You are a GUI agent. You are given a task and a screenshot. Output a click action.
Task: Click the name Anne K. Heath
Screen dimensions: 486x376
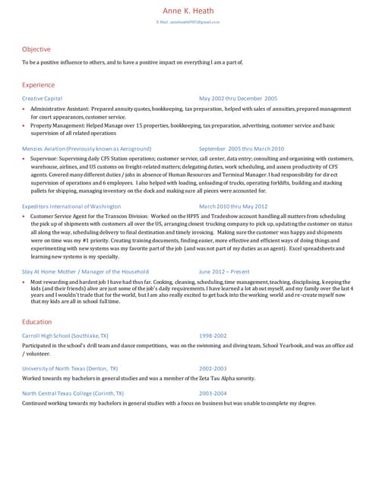pyautogui.click(x=188, y=11)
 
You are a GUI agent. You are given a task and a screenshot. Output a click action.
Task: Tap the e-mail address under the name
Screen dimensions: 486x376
pyautogui.click(x=188, y=23)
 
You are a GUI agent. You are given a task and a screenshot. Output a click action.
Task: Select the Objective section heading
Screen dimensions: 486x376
pyautogui.click(x=36, y=49)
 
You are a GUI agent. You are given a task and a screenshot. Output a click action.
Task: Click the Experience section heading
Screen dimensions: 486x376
pyautogui.click(x=39, y=84)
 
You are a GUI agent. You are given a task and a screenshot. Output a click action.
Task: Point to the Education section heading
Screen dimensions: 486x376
pyautogui.click(x=37, y=322)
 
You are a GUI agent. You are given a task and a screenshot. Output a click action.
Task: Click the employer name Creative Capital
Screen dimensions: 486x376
pyautogui.click(x=43, y=99)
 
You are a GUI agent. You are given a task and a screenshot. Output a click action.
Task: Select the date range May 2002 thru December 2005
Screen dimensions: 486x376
pyautogui.click(x=238, y=99)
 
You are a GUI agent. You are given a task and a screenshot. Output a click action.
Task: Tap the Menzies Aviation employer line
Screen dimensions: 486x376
pyautogui.click(x=87, y=149)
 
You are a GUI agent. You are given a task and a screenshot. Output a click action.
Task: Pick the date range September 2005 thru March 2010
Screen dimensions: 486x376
pyautogui.click(x=242, y=149)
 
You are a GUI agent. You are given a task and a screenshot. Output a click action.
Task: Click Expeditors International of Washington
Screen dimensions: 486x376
pyautogui.click(x=71, y=206)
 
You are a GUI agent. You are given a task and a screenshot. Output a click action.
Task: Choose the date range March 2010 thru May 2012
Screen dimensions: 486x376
pyautogui.click(x=233, y=206)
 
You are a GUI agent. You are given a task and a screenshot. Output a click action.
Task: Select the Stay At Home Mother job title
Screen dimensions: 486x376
pyautogui.click(x=85, y=271)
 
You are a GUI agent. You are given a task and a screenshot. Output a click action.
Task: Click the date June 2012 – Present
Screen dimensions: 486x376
pyautogui.click(x=224, y=271)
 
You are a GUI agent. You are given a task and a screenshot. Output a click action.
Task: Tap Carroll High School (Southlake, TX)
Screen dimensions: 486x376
pyautogui.click(x=65, y=335)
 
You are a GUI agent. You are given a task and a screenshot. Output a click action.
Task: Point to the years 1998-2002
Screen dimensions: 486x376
pyautogui.click(x=213, y=335)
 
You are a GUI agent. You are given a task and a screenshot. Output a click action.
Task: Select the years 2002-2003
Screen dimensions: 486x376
pyautogui.click(x=213, y=368)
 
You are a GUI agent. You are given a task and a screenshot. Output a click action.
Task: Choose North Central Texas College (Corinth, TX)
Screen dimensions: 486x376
pyautogui.click(x=73, y=393)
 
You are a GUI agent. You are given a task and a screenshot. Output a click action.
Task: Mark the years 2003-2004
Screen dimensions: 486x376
pyautogui.click(x=213, y=393)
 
